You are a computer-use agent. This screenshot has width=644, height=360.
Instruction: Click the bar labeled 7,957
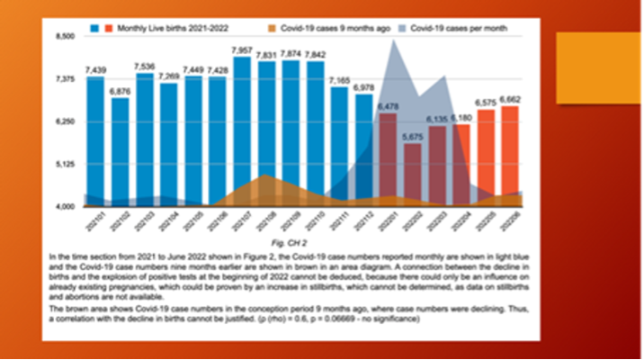242,130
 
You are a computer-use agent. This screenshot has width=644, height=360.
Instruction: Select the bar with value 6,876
120,148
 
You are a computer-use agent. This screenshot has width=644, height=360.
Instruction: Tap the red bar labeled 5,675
413,175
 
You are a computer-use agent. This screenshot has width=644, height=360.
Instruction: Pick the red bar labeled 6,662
510,156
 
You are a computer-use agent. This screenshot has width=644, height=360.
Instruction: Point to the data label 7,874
291,53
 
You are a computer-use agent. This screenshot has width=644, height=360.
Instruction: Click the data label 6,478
389,106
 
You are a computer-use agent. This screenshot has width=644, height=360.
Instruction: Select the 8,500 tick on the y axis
64,36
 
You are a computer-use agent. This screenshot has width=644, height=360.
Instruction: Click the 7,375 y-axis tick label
64,79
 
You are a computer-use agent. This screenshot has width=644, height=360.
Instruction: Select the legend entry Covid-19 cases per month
459,28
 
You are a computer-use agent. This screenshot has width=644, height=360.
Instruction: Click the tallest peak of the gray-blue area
391,41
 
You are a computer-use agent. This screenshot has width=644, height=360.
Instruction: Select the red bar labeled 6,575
486,157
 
